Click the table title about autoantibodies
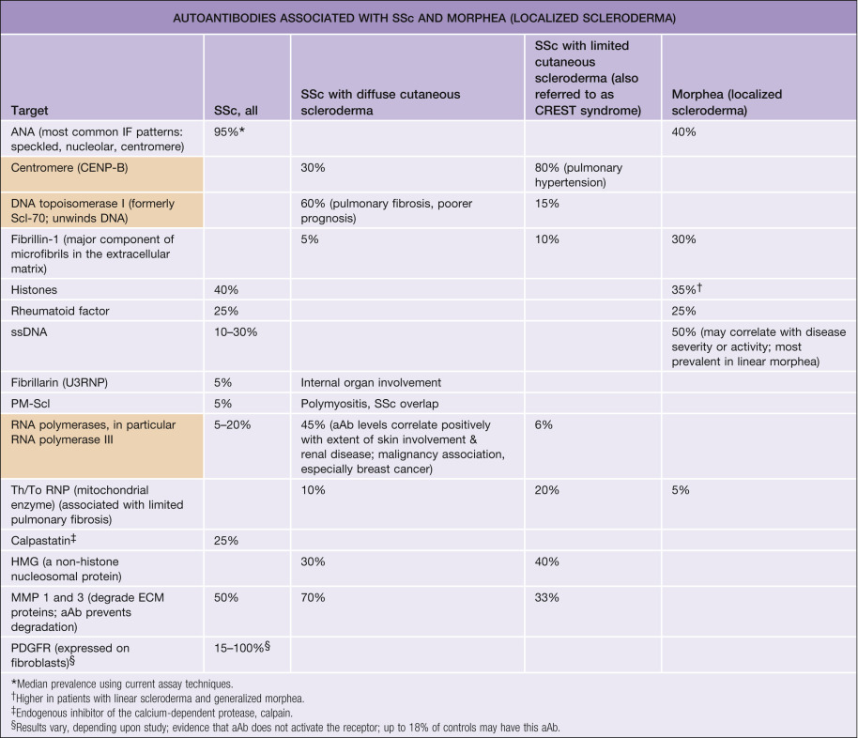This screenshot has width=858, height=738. (428, 18)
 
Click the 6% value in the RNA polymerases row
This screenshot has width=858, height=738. (544, 425)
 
